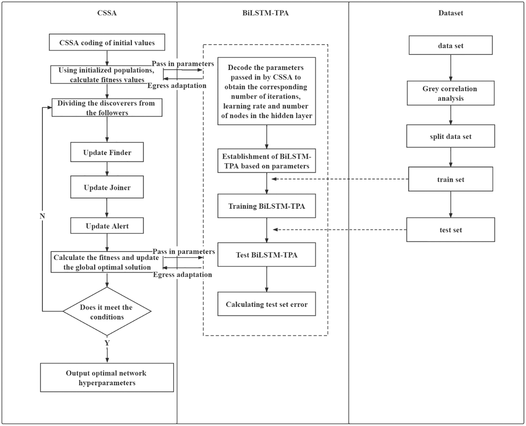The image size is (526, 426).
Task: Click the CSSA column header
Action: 107,13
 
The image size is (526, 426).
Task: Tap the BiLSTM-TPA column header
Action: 265,13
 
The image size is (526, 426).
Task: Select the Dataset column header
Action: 451,13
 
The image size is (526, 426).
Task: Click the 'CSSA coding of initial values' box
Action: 107,42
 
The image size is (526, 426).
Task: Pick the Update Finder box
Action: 107,152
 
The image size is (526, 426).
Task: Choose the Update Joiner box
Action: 107,187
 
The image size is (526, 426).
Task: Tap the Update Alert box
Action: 107,226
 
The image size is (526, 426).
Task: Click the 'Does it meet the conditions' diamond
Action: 107,312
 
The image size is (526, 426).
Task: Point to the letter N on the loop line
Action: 42,216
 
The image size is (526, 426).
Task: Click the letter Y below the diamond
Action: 107,343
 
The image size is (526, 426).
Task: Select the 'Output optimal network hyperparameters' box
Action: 107,377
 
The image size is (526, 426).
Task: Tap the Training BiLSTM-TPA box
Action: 267,206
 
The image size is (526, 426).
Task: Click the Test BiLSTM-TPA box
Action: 267,255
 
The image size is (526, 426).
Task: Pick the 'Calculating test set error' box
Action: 267,304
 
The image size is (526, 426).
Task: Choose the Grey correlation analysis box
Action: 451,93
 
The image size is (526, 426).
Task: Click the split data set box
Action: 451,136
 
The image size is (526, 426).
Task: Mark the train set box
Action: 451,179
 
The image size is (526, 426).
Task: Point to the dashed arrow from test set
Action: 339,230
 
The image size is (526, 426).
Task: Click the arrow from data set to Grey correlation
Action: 451,68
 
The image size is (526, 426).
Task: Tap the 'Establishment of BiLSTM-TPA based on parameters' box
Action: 267,161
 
